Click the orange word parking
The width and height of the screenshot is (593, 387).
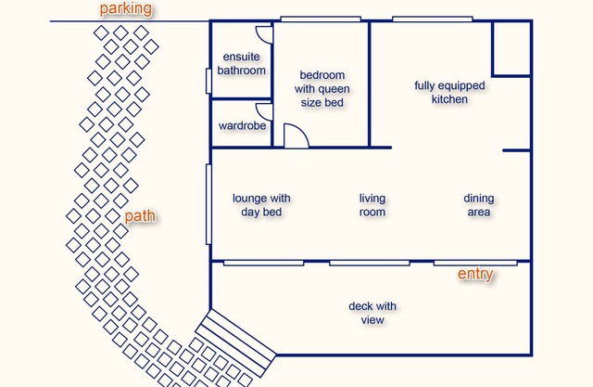pos(126,8)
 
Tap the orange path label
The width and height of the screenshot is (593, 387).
pos(140,216)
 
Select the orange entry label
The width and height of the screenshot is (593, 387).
pos(475,274)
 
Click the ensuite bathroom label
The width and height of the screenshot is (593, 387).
pos(241,64)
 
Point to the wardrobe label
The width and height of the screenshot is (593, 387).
pos(242,125)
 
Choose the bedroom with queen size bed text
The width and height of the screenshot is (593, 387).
pos(322,88)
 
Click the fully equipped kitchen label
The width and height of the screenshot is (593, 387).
pos(449,92)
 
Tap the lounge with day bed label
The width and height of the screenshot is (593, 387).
pos(261,205)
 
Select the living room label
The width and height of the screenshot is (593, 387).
pos(372,205)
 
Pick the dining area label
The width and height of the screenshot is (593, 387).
pos(479,205)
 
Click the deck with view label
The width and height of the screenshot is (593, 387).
pos(372,313)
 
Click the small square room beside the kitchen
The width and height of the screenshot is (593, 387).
pos(511,49)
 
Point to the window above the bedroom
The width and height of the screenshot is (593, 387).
pos(321,19)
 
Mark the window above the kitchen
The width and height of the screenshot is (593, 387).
pos(433,19)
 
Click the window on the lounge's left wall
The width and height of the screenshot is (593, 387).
pos(208,204)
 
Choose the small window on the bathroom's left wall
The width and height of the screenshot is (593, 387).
pos(208,81)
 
